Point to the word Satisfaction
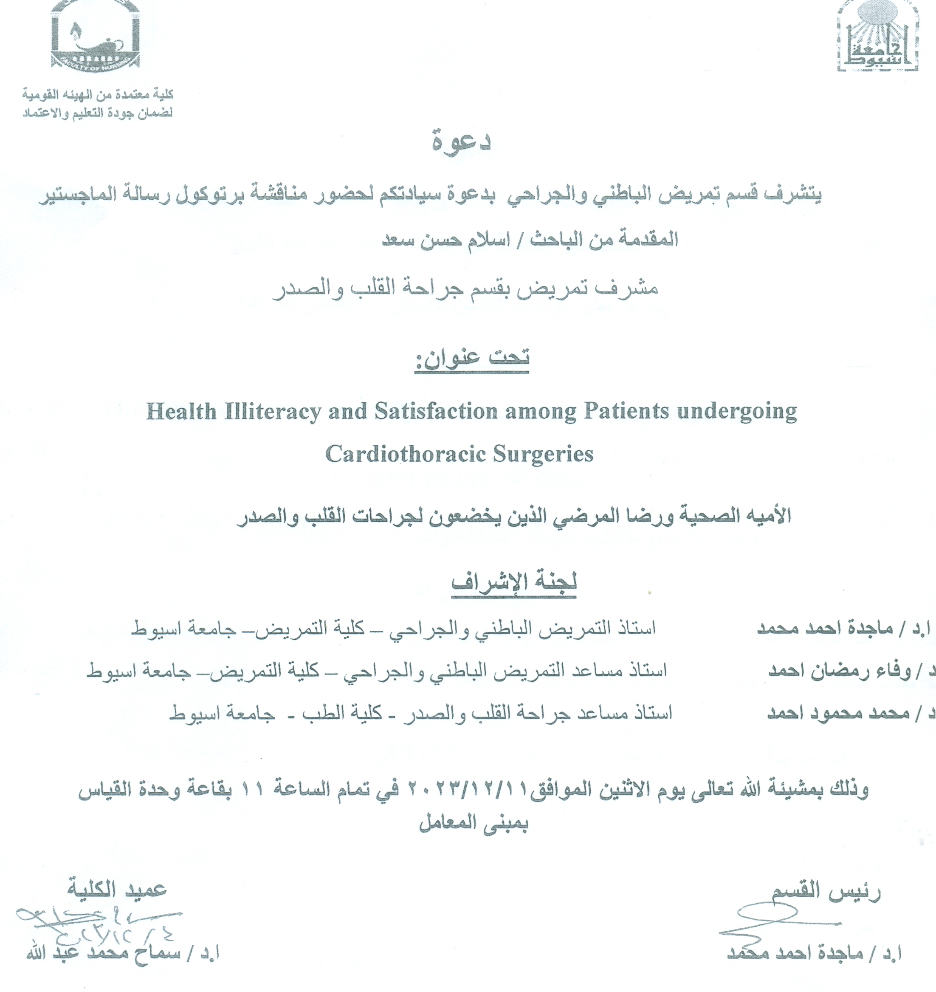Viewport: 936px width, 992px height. (x=436, y=412)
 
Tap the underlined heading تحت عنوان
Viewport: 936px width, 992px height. (x=471, y=358)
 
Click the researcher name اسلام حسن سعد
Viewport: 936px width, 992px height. (x=439, y=240)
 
